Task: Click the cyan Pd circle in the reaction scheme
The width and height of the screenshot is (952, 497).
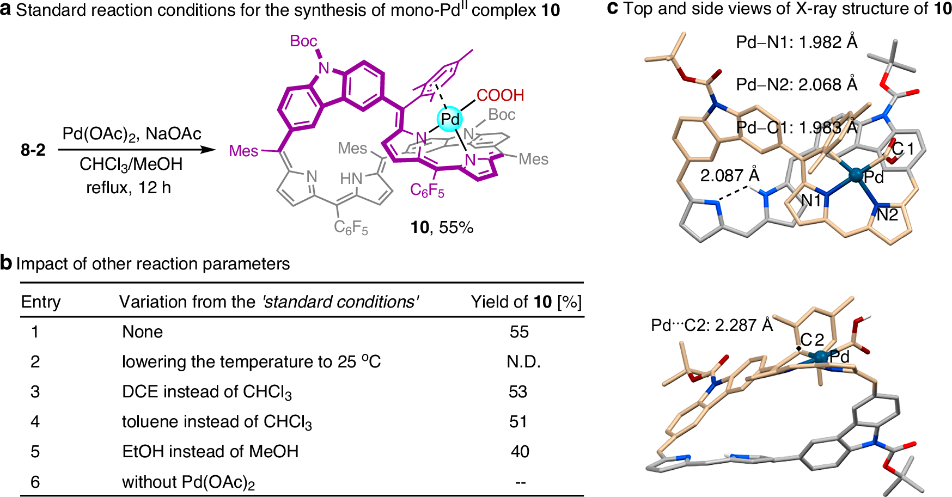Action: coord(450,119)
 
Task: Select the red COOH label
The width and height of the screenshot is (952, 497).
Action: coord(500,95)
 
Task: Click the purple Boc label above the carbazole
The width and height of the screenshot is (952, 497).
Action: coord(303,41)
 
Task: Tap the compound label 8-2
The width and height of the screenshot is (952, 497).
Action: coord(33,150)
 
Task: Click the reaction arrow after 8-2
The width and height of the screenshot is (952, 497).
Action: coord(137,149)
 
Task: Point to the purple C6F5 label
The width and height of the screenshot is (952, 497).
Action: coord(427,191)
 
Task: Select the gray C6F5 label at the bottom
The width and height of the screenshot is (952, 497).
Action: coord(351,227)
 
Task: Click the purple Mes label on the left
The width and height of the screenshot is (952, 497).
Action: coord(243,151)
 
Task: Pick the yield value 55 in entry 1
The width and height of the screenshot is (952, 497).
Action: coord(519,332)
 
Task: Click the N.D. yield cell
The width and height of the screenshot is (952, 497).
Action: coord(523,362)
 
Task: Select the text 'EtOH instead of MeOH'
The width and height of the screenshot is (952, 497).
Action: coord(210,452)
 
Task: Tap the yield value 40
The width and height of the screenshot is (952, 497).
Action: coord(520,452)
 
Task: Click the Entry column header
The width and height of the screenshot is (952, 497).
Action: coord(41,302)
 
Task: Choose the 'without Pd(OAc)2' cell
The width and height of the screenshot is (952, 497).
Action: coord(188,482)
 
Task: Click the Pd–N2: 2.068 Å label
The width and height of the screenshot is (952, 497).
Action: coord(796,84)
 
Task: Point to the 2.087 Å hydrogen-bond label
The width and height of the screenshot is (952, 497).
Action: coord(729,176)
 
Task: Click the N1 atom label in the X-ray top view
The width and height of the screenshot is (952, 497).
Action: coord(811,201)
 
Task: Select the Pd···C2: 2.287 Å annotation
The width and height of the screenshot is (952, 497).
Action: coord(712,326)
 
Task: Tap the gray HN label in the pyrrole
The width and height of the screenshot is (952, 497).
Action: coord(351,179)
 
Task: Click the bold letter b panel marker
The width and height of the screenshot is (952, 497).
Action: coord(6,263)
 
